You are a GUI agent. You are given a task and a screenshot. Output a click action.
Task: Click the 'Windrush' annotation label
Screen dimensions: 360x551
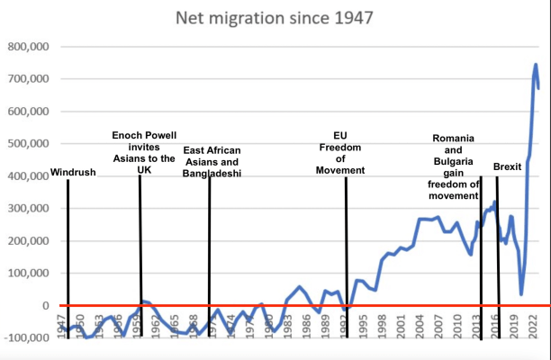[73, 172]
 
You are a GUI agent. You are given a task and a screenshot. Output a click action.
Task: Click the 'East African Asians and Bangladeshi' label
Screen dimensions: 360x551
[212, 162]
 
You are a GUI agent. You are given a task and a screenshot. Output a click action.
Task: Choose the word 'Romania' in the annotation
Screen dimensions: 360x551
[454, 138]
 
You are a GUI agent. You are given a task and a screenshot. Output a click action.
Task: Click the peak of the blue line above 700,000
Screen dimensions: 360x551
[536, 65]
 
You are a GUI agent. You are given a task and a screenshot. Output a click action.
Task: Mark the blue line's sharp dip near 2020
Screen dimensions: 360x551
[521, 293]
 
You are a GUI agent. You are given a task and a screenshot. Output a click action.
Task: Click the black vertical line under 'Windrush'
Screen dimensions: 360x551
[68, 252]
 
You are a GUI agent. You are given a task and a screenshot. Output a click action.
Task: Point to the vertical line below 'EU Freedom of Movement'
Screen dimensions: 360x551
[346, 252]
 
